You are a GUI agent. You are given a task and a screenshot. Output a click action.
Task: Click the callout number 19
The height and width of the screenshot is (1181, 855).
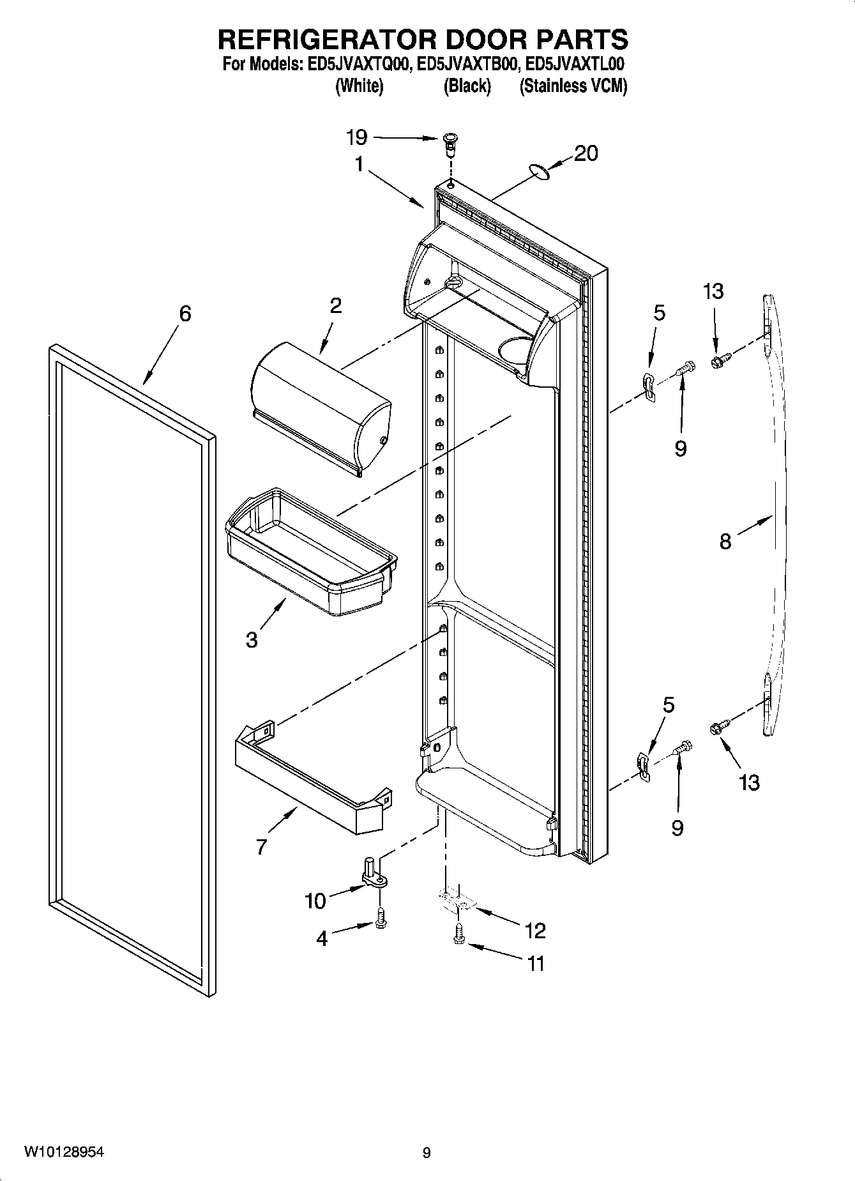[356, 137]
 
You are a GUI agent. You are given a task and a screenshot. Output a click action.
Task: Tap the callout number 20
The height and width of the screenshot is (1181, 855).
[586, 153]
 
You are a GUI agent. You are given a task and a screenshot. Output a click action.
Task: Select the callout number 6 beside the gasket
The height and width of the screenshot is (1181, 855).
[185, 314]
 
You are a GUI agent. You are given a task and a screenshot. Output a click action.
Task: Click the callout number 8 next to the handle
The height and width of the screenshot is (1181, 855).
[725, 542]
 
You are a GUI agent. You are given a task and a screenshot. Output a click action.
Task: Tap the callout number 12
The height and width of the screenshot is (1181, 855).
[535, 931]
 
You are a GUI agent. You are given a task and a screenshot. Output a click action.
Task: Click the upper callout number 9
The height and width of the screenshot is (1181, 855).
[680, 448]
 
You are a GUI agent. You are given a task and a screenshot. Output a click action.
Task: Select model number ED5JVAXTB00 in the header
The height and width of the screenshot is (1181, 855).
[468, 65]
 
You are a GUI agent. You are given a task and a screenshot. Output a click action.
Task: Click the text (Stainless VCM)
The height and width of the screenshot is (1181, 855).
[573, 86]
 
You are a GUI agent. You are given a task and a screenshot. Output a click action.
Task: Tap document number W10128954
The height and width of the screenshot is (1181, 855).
[64, 1152]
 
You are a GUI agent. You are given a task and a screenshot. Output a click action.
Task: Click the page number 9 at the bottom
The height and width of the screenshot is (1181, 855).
[427, 1152]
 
